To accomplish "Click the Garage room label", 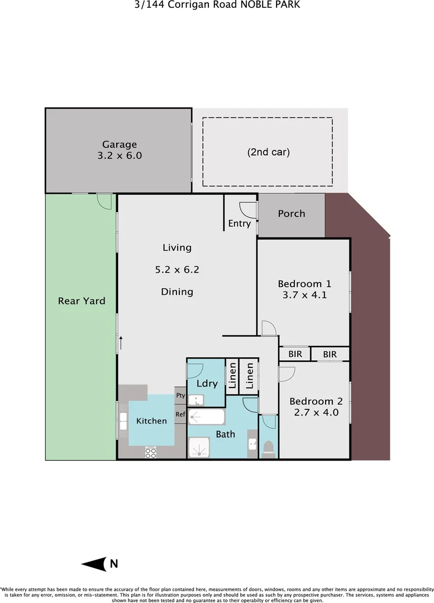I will [x=120, y=145].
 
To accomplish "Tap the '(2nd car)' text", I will [x=268, y=151].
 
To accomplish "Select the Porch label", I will [x=292, y=214].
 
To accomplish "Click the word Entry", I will [x=240, y=224].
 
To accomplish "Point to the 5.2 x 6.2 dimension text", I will [x=177, y=270].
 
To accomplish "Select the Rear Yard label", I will [x=82, y=301].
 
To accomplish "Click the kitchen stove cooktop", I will [x=151, y=453].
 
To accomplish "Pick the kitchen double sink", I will [x=123, y=420].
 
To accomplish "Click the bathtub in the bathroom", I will [x=206, y=417].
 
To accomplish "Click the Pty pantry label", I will [x=180, y=395].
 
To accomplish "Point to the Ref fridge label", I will [x=180, y=414].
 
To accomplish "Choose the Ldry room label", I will [x=207, y=384].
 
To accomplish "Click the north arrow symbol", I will [x=95, y=564].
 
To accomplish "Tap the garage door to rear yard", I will [x=103, y=201].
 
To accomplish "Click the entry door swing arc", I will [x=246, y=209].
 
